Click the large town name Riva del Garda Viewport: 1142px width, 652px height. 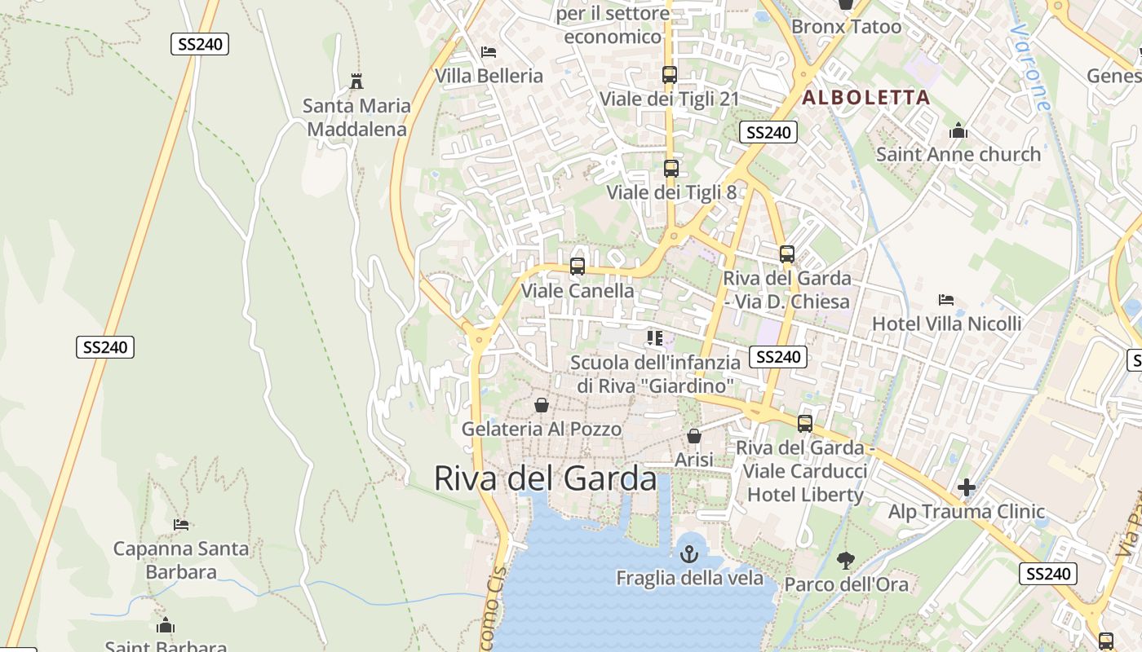[545, 478]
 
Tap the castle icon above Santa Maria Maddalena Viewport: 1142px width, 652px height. [356, 81]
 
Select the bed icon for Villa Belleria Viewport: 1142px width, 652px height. [489, 52]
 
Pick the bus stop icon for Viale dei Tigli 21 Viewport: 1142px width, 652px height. [669, 75]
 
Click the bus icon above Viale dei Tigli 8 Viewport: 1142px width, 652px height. [671, 169]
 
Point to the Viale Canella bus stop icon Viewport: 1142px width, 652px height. [577, 267]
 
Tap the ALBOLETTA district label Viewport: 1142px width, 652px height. [866, 98]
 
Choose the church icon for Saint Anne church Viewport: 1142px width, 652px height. [958, 130]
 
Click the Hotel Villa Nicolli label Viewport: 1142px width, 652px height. [946, 324]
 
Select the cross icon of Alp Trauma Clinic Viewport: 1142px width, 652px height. [967, 488]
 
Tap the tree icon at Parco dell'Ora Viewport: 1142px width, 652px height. [845, 561]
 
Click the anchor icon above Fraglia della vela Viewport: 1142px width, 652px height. [689, 554]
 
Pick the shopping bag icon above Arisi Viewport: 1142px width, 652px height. [694, 437]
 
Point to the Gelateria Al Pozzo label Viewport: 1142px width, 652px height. [542, 429]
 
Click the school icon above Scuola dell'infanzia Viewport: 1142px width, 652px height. [654, 337]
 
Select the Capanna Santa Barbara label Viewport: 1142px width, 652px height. [180, 560]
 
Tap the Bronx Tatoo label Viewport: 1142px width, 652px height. [847, 26]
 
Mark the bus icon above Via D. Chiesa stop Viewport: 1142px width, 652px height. [786, 254]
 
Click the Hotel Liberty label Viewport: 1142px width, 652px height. [805, 495]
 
